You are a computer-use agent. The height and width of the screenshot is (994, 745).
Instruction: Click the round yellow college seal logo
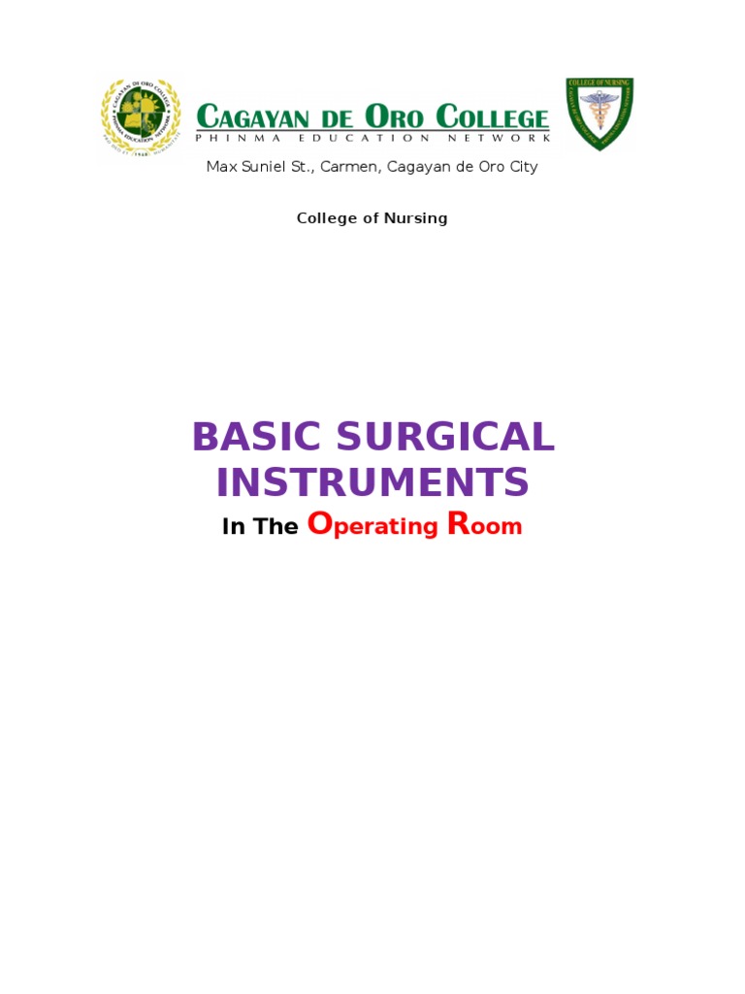[141, 118]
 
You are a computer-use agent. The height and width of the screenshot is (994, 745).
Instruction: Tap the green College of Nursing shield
[599, 115]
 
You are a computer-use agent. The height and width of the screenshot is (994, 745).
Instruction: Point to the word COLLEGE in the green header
[492, 118]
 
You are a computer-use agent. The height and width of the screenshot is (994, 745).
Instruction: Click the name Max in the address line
[221, 167]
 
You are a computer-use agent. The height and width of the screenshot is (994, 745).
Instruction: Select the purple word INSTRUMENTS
[372, 482]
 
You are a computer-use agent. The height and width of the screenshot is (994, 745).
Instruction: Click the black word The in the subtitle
[275, 527]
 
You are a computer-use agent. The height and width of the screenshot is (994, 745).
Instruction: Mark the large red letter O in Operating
[320, 524]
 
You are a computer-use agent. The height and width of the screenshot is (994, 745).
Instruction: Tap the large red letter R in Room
[459, 524]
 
